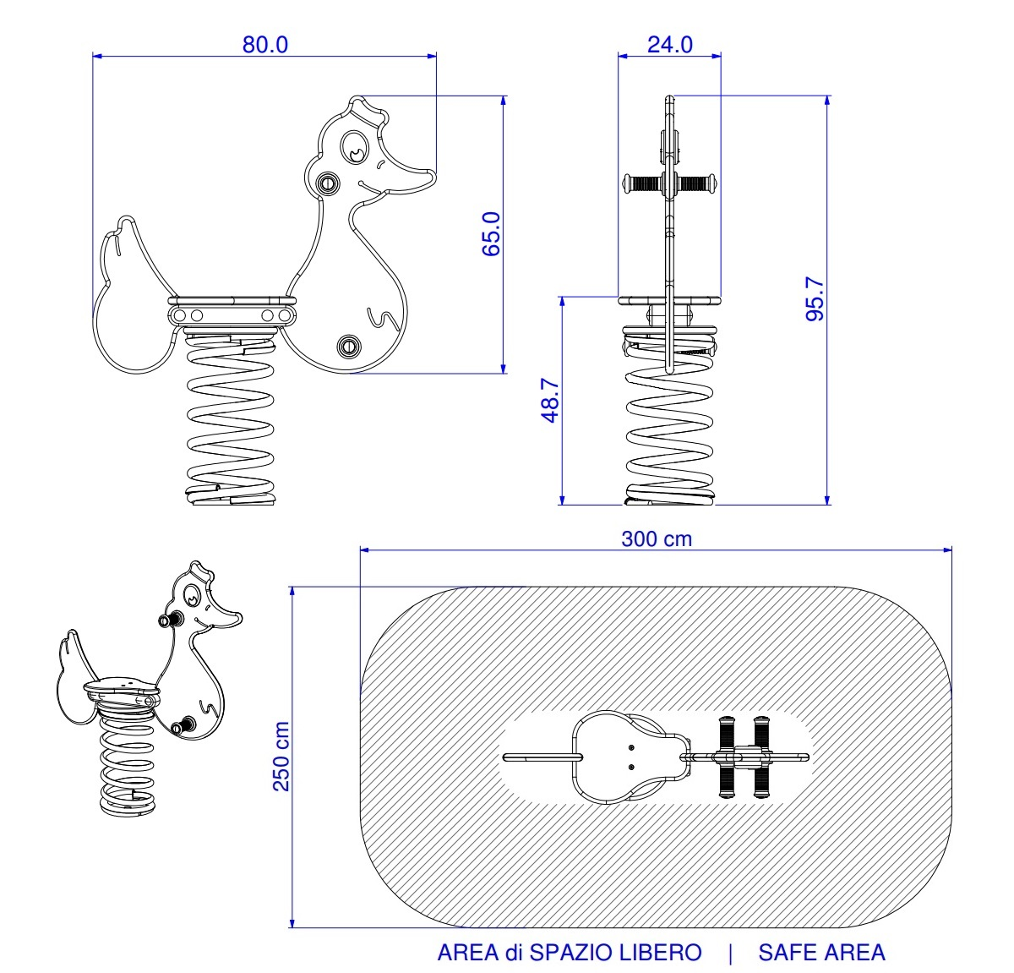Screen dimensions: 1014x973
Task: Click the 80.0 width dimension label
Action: (264, 45)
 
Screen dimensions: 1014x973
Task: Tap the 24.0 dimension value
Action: (669, 45)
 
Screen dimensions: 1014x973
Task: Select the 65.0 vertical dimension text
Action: (491, 234)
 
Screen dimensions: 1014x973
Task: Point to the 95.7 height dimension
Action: (815, 298)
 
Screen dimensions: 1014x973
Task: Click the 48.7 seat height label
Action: (550, 400)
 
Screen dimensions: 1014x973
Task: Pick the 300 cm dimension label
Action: (656, 538)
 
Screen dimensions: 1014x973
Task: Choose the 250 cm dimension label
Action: (281, 757)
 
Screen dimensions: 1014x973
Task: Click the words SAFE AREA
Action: (821, 952)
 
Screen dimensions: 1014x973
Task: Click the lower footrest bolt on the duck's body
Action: (348, 345)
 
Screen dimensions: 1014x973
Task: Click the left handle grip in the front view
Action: (642, 183)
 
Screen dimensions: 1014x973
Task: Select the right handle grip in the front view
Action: (697, 183)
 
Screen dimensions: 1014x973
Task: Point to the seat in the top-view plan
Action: (630, 757)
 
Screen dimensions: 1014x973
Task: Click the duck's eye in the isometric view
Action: (192, 594)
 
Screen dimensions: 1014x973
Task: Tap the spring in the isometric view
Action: (127, 761)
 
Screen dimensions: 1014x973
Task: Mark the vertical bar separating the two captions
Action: (730, 954)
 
